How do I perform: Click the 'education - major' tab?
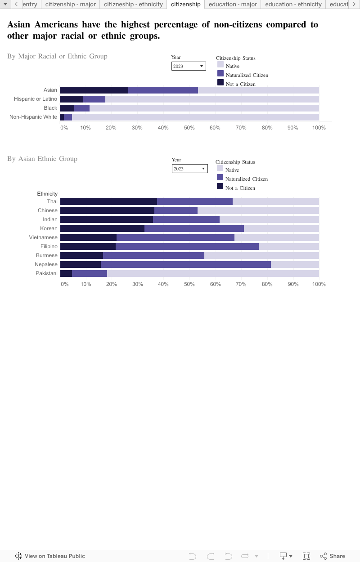coord(233,4)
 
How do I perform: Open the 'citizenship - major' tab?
coord(71,4)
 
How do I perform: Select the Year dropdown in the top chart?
coord(189,66)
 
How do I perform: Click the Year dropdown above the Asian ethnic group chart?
coord(189,169)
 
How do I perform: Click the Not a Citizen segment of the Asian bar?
coord(94,90)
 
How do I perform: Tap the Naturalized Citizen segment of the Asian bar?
coord(163,90)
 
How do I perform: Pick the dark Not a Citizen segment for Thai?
coord(108,201)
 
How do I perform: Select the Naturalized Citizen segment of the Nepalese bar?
coord(185,264)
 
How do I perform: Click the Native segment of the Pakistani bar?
coord(213,273)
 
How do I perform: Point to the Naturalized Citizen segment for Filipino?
coord(187,246)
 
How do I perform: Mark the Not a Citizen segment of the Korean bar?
coord(102,228)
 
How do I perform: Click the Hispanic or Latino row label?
coord(36,99)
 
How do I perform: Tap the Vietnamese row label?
coord(43,237)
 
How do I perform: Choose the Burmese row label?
coord(47,255)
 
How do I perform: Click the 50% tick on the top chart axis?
coord(189,128)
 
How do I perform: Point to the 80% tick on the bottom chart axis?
coord(267,284)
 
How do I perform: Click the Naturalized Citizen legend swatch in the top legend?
coord(220,73)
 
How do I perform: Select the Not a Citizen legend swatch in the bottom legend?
coord(220,186)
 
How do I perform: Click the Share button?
coord(332,556)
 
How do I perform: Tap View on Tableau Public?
coord(50,556)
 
